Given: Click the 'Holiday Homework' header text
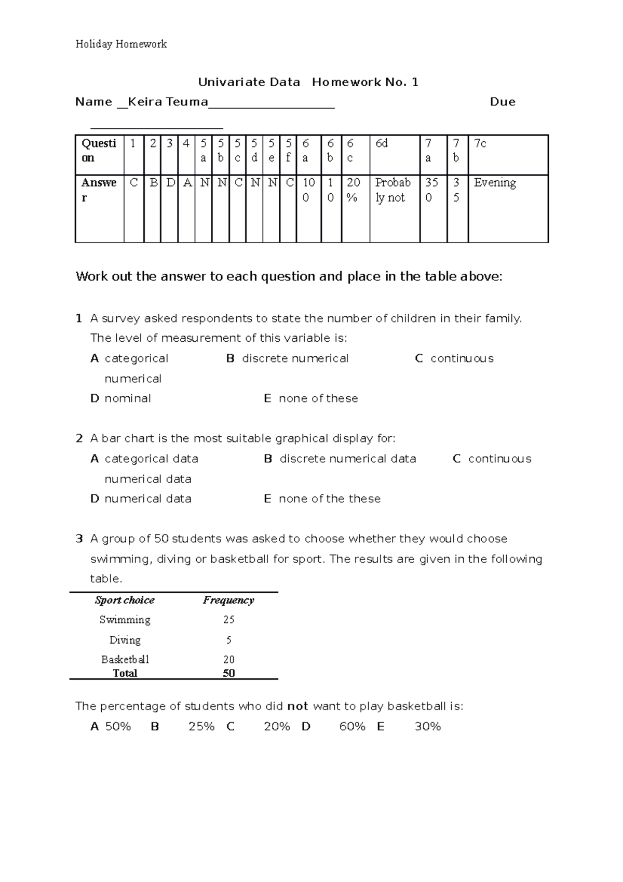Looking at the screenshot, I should [121, 44].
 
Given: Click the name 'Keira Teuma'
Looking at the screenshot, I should [168, 102].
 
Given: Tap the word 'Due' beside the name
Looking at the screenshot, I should [503, 102].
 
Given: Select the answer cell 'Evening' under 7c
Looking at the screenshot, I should [495, 183].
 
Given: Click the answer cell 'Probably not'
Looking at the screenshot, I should [392, 190].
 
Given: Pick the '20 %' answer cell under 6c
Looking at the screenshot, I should [354, 190].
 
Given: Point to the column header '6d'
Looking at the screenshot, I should [382, 143].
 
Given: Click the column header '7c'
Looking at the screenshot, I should [480, 143].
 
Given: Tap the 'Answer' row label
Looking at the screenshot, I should [99, 190].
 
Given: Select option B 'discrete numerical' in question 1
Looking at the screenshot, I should [295, 358].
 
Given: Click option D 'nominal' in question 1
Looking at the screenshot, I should [128, 398].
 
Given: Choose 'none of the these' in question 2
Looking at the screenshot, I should [329, 499].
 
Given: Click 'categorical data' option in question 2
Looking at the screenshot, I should [151, 459].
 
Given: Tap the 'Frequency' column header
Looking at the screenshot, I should [228, 600].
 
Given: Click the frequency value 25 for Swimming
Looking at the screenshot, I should [228, 620].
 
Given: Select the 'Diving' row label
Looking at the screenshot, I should [125, 640].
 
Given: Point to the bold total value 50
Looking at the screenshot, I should [228, 673].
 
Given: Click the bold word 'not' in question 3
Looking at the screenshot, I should [297, 706].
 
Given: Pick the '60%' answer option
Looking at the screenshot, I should [352, 727].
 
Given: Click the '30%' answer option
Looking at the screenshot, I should [427, 727].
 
